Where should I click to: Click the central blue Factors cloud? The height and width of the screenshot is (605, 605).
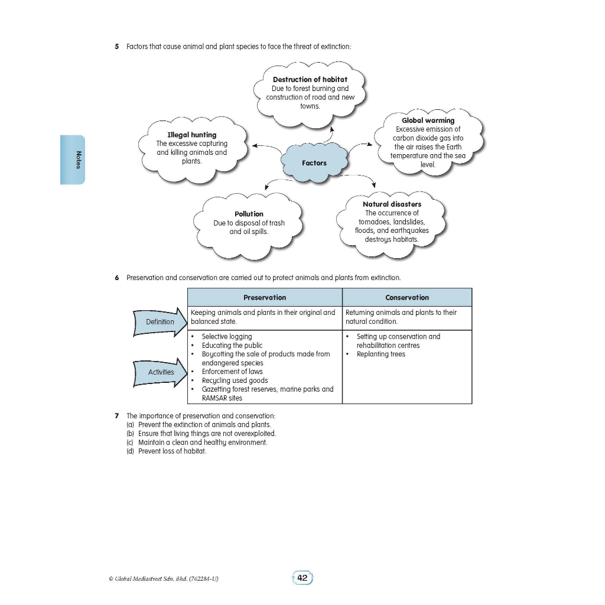pos(314,162)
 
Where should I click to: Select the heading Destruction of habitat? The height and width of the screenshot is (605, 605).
pos(310,79)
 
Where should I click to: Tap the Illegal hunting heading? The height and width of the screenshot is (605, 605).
pos(191,135)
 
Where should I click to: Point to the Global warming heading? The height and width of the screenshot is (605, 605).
pos(428,121)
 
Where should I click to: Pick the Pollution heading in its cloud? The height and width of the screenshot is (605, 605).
pos(249,214)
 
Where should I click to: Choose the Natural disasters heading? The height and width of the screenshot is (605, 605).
pos(392,204)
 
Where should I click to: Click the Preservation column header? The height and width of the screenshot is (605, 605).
pos(264,297)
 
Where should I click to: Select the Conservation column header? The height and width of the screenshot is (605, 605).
pos(406,297)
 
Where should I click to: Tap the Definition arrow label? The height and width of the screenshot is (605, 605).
pos(160,322)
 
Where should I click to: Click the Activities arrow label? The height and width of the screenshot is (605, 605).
pos(161,372)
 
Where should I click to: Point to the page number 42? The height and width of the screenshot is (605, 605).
pos(302,578)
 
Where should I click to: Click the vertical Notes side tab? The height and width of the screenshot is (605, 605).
pos(73,160)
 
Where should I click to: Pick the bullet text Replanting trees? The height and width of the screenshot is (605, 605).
pos(380,354)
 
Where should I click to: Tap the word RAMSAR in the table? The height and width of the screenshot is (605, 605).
pos(214,398)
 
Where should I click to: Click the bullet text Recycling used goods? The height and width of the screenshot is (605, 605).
pos(235,380)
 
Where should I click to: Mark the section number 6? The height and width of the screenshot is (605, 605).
pos(117,278)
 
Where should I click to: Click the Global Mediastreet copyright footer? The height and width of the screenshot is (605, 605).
pos(164,578)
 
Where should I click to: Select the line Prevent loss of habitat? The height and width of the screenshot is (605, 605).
pos(172,451)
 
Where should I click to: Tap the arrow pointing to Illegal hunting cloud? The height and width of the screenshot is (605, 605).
pos(265,147)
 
